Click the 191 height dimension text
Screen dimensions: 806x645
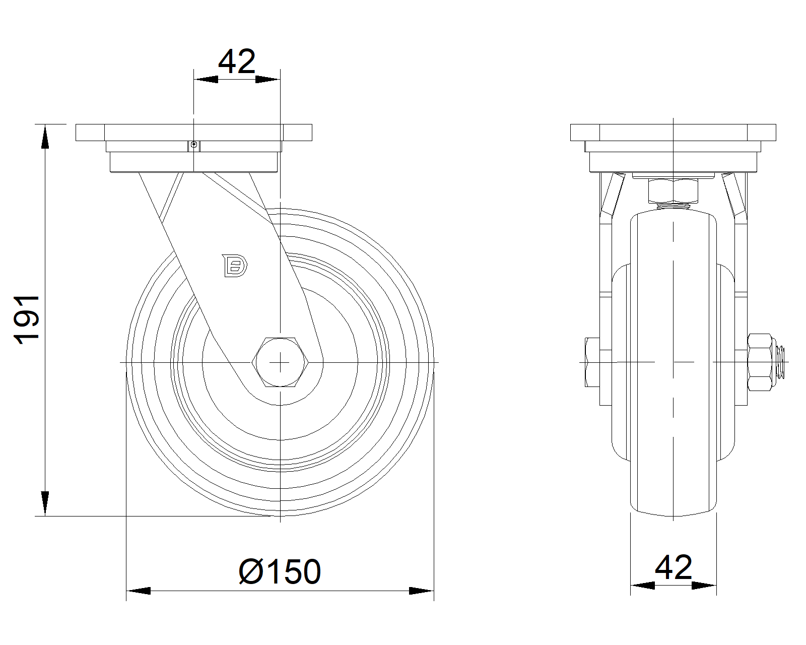(27, 319)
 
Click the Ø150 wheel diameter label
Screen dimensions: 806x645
(280, 572)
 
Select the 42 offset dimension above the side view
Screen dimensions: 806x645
(237, 62)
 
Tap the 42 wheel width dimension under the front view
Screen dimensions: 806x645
(673, 567)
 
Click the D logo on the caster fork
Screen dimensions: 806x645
(235, 266)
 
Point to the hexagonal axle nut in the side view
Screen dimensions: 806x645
(280, 362)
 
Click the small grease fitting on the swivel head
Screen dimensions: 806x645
(193, 144)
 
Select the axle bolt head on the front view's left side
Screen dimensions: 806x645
(592, 362)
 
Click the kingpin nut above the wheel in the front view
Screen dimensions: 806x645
(673, 191)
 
